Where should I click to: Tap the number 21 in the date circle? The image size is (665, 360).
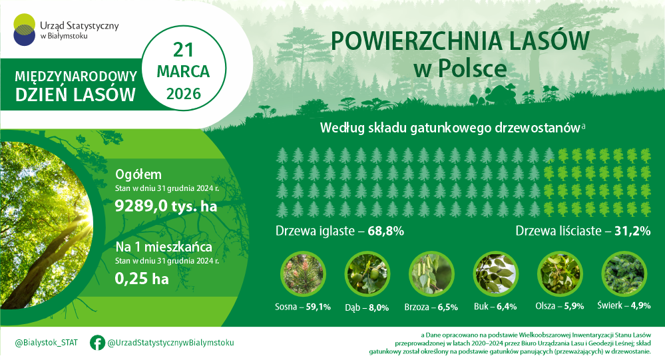click(x=183, y=49)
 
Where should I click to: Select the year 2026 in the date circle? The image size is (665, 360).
click(x=183, y=93)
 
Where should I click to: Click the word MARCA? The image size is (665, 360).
click(x=183, y=71)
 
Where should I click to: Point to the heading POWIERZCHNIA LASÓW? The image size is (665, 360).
click(x=459, y=41)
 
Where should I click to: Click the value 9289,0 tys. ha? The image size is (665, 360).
click(x=166, y=206)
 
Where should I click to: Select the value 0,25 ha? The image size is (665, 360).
click(x=142, y=279)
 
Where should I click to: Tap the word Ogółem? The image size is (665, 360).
click(x=138, y=174)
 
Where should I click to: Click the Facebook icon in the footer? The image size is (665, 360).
click(x=97, y=343)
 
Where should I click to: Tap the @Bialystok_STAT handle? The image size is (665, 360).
click(x=46, y=343)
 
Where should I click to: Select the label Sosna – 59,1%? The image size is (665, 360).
click(x=303, y=307)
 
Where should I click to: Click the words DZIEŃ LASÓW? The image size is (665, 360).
click(x=75, y=95)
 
